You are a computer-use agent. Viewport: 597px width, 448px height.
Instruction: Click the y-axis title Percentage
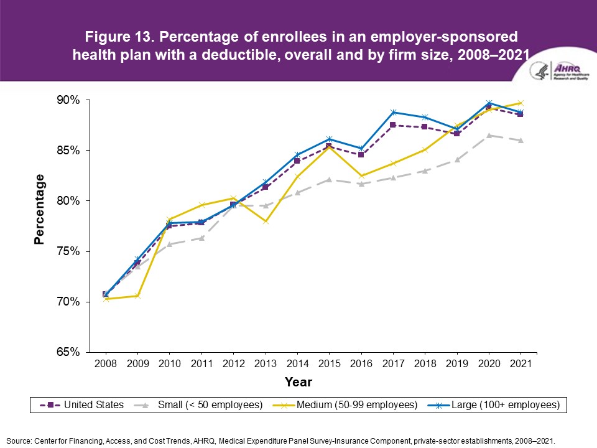[x=40, y=209]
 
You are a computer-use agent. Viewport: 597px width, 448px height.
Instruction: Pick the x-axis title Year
[x=298, y=381]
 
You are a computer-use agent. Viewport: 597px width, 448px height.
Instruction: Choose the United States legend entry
[x=83, y=404]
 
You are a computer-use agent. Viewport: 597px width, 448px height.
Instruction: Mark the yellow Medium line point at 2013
[x=266, y=222]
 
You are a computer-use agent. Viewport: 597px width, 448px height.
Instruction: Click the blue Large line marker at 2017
[x=393, y=112]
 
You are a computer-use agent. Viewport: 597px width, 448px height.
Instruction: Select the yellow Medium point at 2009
[x=138, y=296]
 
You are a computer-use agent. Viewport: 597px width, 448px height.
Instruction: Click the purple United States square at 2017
[x=393, y=125]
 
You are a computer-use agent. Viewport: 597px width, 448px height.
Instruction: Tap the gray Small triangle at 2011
[x=201, y=238]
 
